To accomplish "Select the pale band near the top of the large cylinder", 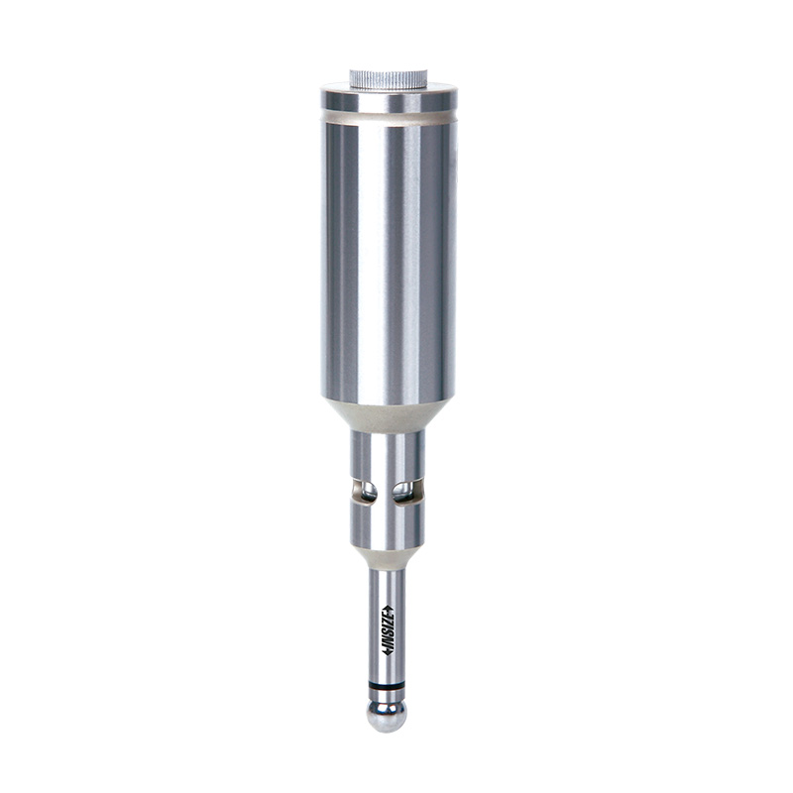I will [x=389, y=118].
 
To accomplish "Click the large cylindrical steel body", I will [x=389, y=258].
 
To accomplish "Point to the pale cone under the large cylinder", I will [x=389, y=416].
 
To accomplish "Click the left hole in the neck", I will [x=369, y=490].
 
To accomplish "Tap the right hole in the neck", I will [x=404, y=490].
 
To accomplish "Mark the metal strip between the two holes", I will [x=387, y=491].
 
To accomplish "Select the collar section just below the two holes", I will [x=389, y=525].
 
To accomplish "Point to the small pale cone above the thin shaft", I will [x=389, y=559].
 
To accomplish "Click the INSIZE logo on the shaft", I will [x=388, y=630].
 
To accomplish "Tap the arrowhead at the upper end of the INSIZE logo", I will [x=388, y=609].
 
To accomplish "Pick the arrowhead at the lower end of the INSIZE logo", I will [x=388, y=653].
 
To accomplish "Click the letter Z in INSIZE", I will [x=388, y=622].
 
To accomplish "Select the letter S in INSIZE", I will [x=388, y=637].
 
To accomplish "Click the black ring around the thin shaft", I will [x=388, y=685].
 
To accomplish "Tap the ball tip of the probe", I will [x=388, y=716].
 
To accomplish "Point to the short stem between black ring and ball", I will [x=388, y=696].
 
